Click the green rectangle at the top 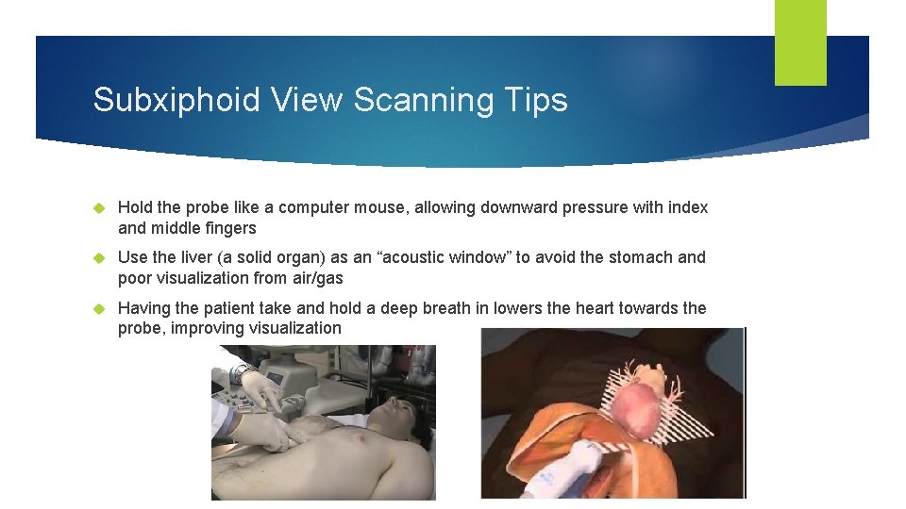(800, 41)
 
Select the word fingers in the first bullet (227, 228)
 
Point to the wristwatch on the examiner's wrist (243, 373)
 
